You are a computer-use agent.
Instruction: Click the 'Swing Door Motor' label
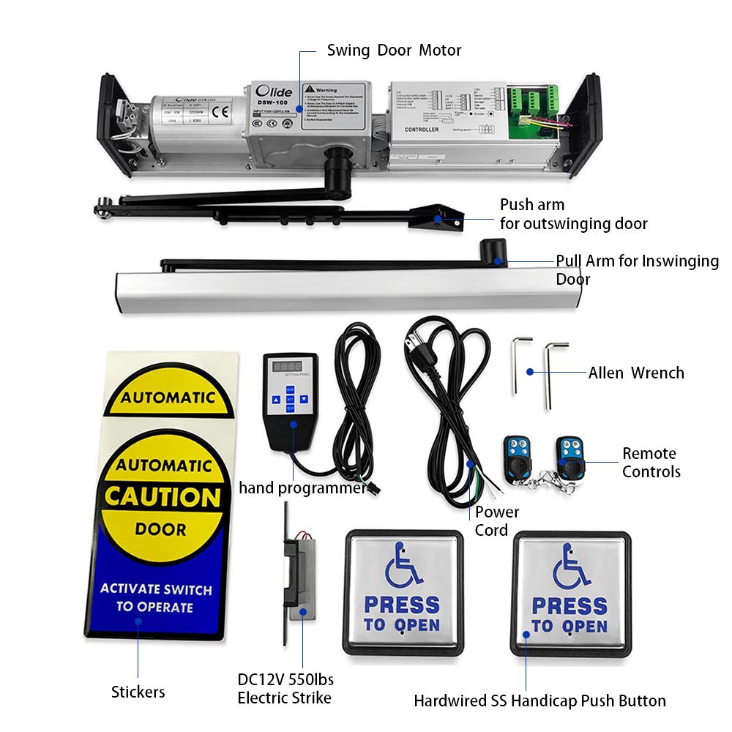coord(394,51)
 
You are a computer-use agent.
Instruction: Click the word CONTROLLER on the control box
coord(422,130)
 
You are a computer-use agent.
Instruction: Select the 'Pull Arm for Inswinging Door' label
coord(636,269)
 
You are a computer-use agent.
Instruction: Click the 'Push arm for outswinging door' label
coord(573,214)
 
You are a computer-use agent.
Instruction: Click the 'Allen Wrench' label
coord(636,373)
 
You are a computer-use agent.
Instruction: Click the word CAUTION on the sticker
coord(163,497)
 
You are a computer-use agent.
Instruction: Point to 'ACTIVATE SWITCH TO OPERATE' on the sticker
coord(155,598)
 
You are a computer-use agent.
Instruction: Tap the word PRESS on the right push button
coord(569,607)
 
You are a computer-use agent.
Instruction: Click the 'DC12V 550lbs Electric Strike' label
coord(285,689)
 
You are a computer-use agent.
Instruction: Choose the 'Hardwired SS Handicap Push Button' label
coord(539,701)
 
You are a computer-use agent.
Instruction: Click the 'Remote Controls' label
coord(651,463)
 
